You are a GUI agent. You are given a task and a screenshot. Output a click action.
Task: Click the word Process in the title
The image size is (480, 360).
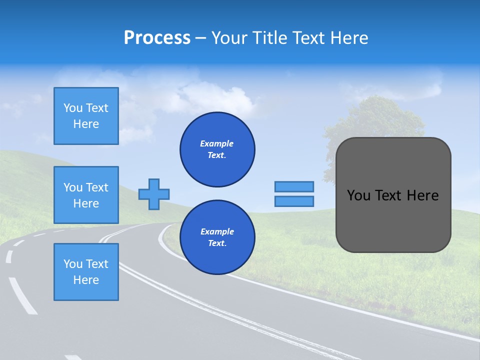click(x=157, y=38)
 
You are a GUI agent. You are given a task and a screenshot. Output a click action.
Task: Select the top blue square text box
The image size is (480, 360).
click(x=86, y=116)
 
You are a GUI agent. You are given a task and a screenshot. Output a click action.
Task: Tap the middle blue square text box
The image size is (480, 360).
click(x=86, y=195)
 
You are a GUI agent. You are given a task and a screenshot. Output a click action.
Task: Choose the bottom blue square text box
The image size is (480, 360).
click(x=86, y=272)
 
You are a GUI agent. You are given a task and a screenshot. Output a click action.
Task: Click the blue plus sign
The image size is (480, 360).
click(x=154, y=194)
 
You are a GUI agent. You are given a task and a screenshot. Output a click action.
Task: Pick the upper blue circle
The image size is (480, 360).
click(x=217, y=149)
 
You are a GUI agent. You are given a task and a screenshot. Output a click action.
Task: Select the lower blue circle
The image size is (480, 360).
click(x=217, y=237)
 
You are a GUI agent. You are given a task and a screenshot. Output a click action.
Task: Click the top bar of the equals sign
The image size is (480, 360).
click(x=294, y=186)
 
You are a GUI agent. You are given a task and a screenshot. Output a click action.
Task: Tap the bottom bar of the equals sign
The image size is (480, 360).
click(x=294, y=201)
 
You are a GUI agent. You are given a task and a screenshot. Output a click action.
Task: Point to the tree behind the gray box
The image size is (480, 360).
click(x=375, y=120)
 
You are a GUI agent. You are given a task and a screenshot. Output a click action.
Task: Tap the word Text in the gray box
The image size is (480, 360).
click(x=389, y=195)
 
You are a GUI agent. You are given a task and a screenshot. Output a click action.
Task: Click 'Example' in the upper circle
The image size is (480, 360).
click(x=216, y=143)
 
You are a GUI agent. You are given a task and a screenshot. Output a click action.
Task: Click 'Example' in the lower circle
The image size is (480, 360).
click(x=217, y=231)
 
